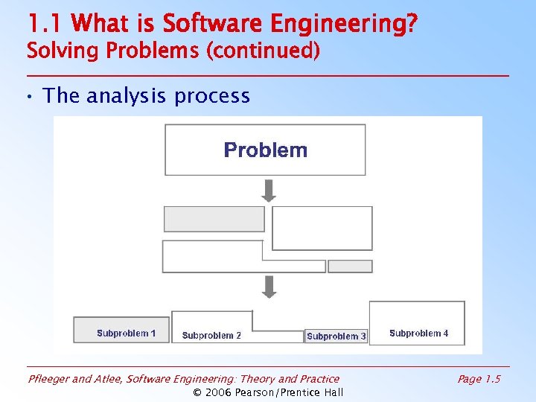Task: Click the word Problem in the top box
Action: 266,150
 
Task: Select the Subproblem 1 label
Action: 126,334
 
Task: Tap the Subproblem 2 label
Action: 211,336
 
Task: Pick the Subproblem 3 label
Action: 336,336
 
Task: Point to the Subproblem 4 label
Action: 418,334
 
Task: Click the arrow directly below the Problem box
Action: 269,191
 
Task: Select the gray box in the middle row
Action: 214,219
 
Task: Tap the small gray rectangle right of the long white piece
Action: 350,267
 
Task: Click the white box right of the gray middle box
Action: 322,228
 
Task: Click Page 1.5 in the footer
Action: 479,379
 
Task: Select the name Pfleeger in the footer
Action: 48,379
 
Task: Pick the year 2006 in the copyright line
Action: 220,392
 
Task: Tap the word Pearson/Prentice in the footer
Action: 280,392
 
